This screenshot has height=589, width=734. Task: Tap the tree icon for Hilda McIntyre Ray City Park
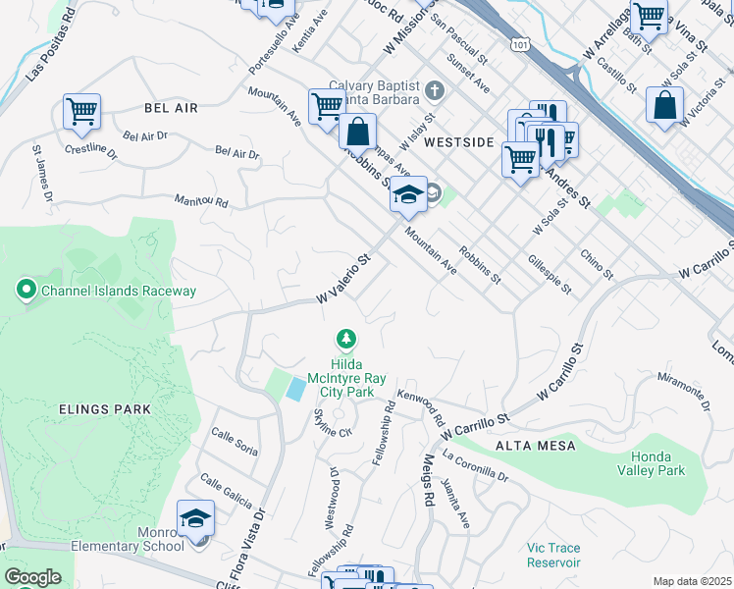[345, 340]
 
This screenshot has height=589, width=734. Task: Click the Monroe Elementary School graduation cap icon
[196, 518]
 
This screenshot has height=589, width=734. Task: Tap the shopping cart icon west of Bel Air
[82, 111]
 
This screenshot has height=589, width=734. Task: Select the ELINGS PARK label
[104, 409]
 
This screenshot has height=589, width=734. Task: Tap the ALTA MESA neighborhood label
[534, 446]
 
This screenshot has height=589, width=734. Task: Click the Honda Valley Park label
[671, 463]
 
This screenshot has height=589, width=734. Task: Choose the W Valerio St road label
[342, 280]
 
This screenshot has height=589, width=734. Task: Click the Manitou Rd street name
[201, 202]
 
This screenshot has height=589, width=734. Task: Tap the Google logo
[32, 577]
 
